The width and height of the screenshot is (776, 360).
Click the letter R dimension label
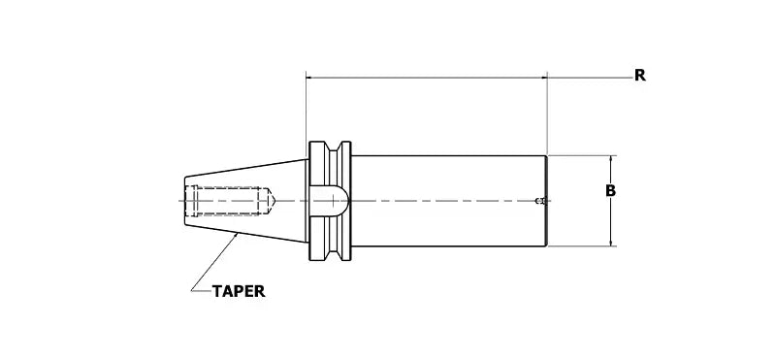point(640,75)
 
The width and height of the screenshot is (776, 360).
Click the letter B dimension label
point(610,191)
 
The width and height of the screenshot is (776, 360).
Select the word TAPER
point(239,289)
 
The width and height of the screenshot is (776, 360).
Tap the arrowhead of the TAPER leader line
point(240,235)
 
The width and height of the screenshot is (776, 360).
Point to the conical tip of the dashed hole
point(275,201)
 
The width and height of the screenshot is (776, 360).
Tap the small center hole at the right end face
point(541,201)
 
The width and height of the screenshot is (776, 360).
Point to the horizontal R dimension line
point(427,75)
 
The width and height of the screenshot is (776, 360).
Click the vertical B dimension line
point(610,218)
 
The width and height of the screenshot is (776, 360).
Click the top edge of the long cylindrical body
point(446,155)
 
